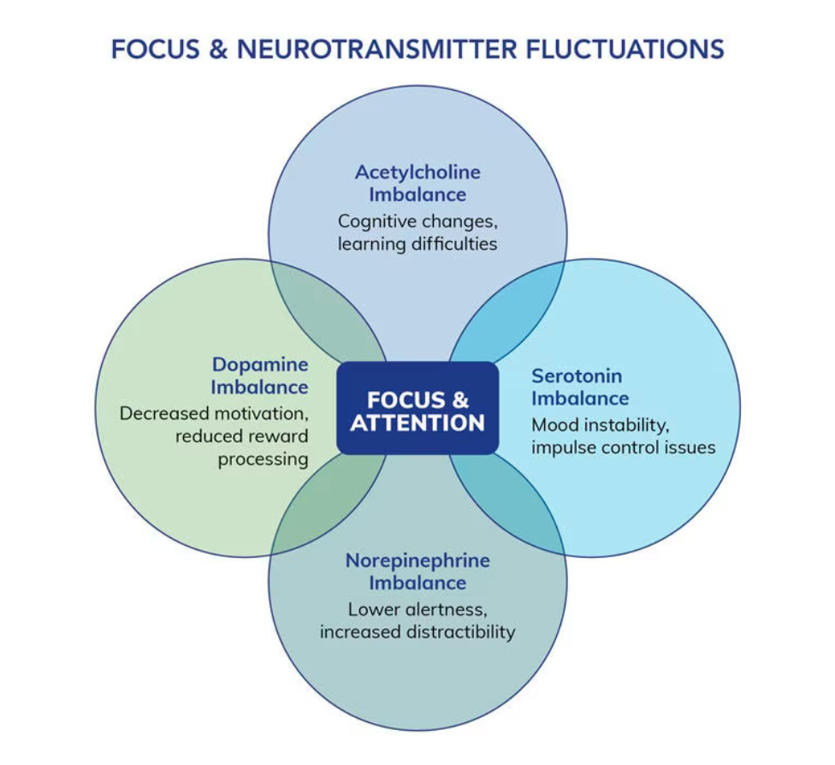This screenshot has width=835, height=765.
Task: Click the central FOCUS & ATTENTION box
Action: [x=417, y=409]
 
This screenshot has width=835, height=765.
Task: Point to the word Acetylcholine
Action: [x=417, y=171]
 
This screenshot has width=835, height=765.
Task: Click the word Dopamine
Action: [x=259, y=365]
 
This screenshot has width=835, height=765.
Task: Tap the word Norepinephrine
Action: [x=417, y=560]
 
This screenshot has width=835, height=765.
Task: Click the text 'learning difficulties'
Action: [x=417, y=244]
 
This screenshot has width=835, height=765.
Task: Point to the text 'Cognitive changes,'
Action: [x=417, y=221]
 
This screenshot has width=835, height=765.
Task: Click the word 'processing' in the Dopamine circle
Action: [x=263, y=459]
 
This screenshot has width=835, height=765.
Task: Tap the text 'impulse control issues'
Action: [x=623, y=447]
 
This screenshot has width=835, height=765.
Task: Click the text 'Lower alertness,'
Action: [x=417, y=609]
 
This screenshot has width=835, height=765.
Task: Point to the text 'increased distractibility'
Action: [x=417, y=632]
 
